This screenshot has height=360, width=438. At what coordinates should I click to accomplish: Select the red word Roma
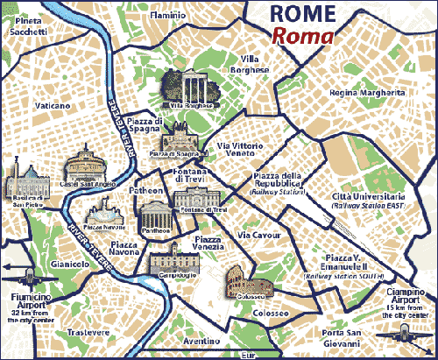[x=302, y=37]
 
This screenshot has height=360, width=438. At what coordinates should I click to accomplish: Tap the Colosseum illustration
[x=248, y=281]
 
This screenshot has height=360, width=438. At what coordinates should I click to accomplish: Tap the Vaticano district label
[x=52, y=105]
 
